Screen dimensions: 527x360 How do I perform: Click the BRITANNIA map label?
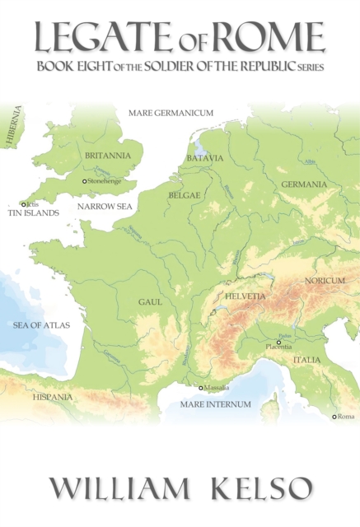click(107, 155)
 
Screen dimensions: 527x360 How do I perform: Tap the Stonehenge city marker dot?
click(84, 181)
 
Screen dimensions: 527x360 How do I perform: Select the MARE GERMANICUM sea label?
click(171, 113)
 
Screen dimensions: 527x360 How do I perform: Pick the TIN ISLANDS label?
click(33, 212)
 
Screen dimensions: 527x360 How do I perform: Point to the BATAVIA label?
click(205, 158)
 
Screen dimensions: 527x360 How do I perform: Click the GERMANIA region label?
click(304, 184)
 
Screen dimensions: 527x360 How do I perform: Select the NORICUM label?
click(325, 281)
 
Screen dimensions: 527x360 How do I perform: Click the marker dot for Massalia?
click(200, 388)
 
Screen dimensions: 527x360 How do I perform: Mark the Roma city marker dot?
click(334, 417)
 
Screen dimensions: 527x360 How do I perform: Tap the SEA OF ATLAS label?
click(41, 325)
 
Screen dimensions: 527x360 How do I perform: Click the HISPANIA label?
click(53, 397)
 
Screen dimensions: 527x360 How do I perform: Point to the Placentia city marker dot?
click(278, 343)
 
